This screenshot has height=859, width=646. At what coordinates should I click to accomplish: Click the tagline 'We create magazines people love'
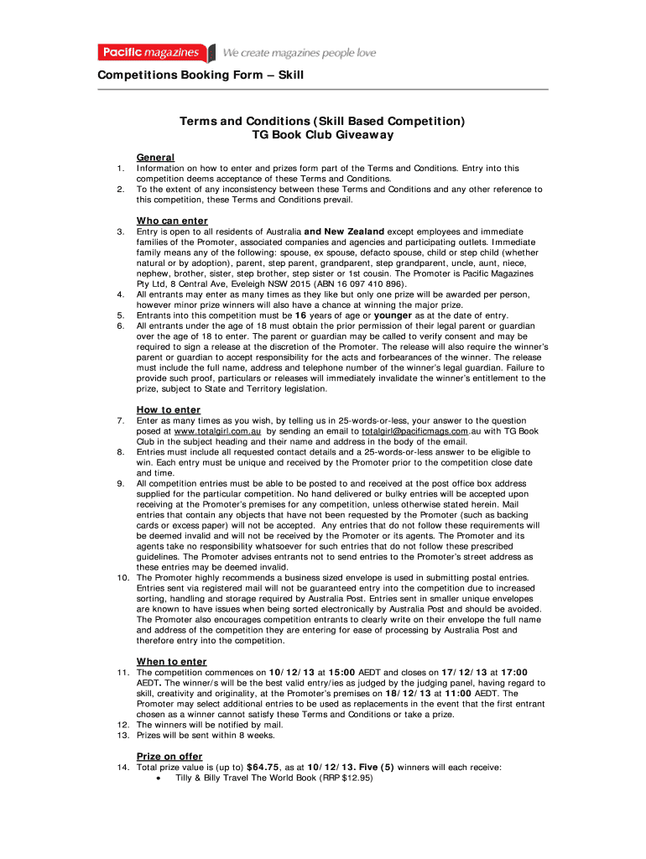tap(299, 54)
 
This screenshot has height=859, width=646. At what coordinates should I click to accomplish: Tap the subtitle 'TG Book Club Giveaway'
tap(323, 134)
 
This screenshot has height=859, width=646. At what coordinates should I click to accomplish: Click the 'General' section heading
tap(155, 157)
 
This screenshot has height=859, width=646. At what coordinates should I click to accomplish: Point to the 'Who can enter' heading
tap(172, 221)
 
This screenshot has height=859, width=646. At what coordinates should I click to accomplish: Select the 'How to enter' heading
tap(169, 409)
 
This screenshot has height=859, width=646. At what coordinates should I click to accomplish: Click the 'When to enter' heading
tap(171, 661)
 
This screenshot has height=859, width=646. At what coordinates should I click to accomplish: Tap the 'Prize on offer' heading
tap(169, 756)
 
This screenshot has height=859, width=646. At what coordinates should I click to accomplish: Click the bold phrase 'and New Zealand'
tap(344, 232)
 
